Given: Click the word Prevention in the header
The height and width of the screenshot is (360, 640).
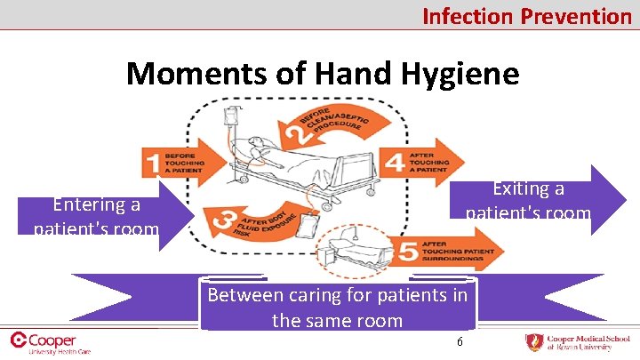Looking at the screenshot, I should click(x=575, y=15).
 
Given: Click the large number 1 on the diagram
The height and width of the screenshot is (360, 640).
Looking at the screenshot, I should click(x=154, y=164).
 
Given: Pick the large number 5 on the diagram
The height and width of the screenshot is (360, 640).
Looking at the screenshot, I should click(x=407, y=253).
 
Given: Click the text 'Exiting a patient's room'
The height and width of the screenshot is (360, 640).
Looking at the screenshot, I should click(x=528, y=201).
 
